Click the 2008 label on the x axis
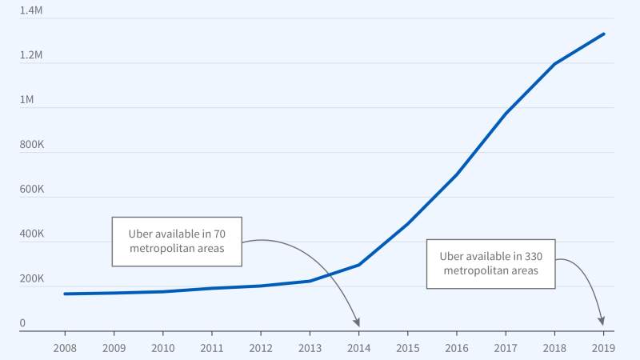pyautogui.click(x=65, y=347)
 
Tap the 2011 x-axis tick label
pyautogui.click(x=211, y=347)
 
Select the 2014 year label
pyautogui.click(x=358, y=347)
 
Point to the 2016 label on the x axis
pyautogui.click(x=456, y=347)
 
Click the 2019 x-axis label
pyautogui.click(x=603, y=347)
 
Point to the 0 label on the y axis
pyautogui.click(x=23, y=323)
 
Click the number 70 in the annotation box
pyautogui.click(x=221, y=234)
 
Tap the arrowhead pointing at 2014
pyautogui.click(x=358, y=323)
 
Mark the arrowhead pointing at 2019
pyautogui.click(x=602, y=323)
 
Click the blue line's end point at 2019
pyautogui.click(x=603, y=34)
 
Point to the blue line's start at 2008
pyautogui.click(x=65, y=294)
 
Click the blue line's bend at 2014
pyautogui.click(x=358, y=265)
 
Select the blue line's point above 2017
pyautogui.click(x=506, y=113)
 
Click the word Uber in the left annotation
pyautogui.click(x=142, y=234)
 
